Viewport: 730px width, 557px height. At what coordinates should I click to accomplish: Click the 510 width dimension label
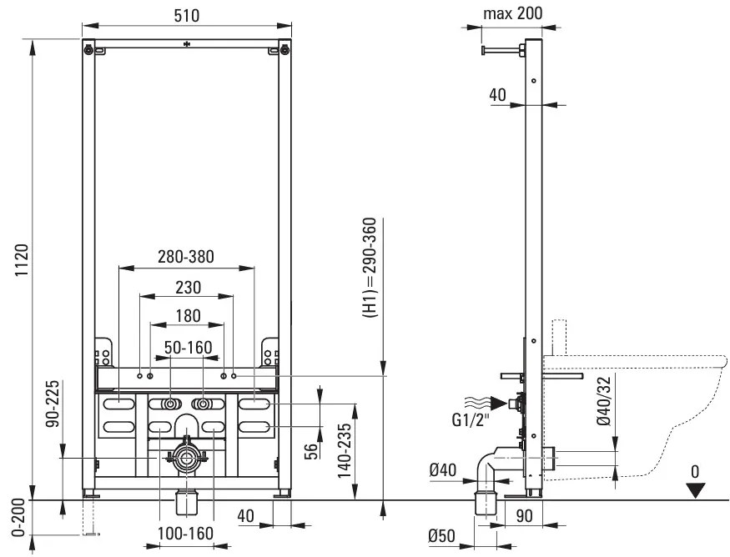pyautogui.click(x=187, y=15)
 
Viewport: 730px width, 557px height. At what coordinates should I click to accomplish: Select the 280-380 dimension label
pyautogui.click(x=186, y=256)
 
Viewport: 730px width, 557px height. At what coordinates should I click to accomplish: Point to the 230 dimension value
pyautogui.click(x=188, y=287)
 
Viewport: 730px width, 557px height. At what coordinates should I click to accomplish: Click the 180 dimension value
pyautogui.click(x=188, y=316)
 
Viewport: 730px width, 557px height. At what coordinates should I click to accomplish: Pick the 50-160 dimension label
pyautogui.click(x=188, y=347)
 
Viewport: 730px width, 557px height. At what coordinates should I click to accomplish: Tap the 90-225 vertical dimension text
pyautogui.click(x=53, y=404)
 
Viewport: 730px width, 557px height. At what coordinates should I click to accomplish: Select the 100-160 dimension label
pyautogui.click(x=185, y=534)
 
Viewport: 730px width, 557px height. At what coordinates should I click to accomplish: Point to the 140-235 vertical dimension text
pyautogui.click(x=345, y=450)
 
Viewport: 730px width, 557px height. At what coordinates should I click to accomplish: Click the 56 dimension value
pyautogui.click(x=310, y=452)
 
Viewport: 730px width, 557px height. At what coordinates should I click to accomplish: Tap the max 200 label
pyautogui.click(x=512, y=13)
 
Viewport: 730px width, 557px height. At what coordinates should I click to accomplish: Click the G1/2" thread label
pyautogui.click(x=471, y=420)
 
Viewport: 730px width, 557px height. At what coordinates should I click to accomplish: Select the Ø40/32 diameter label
pyautogui.click(x=604, y=400)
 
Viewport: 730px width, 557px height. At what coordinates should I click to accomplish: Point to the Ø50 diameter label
pyautogui.click(x=441, y=536)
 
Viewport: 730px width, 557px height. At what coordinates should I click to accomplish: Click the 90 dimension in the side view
pyautogui.click(x=524, y=515)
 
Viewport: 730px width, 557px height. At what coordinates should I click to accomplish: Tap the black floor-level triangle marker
pyautogui.click(x=696, y=490)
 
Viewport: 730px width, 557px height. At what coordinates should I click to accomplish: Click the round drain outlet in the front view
pyautogui.click(x=187, y=459)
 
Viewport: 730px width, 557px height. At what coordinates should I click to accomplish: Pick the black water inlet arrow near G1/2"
pyautogui.click(x=499, y=403)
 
